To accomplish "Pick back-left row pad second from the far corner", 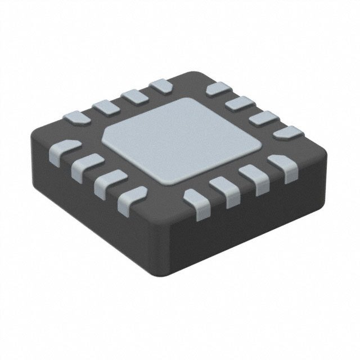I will pos(134,95).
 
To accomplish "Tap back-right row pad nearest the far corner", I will pos(219,88).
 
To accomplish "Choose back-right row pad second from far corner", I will pos(242,103).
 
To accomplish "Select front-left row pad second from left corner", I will pos(86,164).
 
